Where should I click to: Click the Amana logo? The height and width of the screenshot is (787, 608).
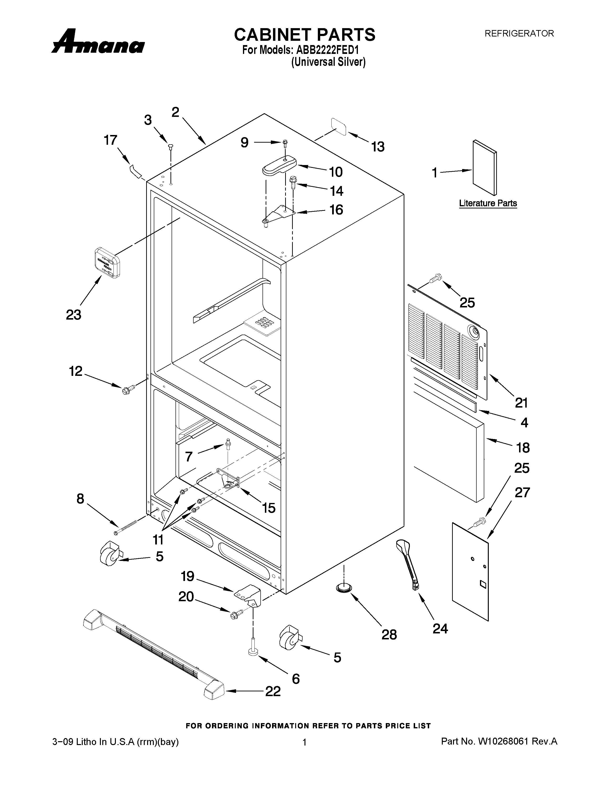[98, 42]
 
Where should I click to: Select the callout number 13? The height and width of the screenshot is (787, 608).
[378, 147]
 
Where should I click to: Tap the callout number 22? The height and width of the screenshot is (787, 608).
[273, 691]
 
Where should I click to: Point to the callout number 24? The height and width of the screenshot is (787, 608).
[440, 629]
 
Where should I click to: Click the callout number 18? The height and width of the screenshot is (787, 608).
[523, 448]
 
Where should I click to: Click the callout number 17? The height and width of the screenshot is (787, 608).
[111, 140]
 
